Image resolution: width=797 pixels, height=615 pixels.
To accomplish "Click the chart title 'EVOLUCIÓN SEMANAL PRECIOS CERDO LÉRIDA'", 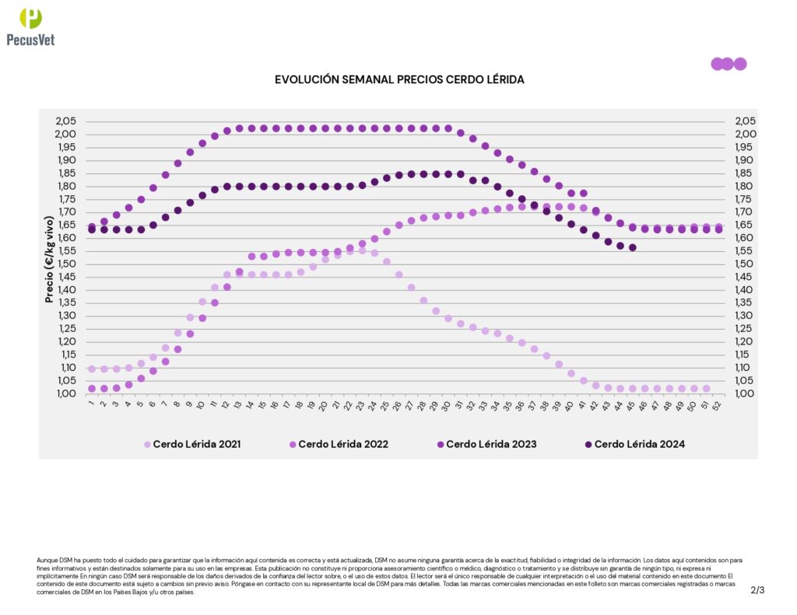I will click(399, 80).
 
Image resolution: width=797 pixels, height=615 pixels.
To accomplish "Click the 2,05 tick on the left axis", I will click(66, 121).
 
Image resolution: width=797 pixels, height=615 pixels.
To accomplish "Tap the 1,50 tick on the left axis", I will click(66, 264).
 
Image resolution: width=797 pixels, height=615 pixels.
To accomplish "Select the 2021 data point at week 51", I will click(706, 389).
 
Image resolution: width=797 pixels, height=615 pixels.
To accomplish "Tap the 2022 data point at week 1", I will click(92, 389).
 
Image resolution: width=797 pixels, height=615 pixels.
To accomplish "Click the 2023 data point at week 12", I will click(227, 131).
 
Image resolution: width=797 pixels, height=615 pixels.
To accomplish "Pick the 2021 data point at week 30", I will click(448, 318).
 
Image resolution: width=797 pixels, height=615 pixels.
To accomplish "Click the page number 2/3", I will click(757, 590).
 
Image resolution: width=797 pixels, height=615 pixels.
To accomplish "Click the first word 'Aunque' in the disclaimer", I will click(47, 560).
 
